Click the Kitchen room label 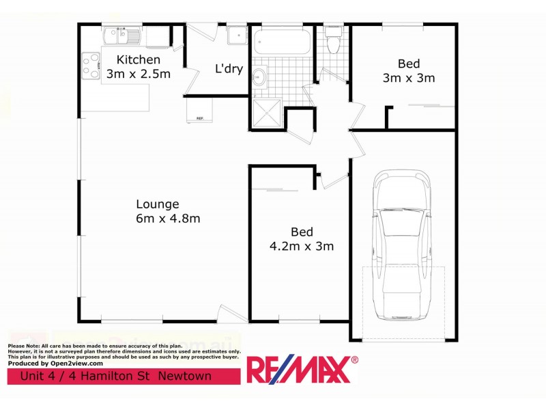[x=139, y=59]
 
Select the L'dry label [x=229, y=68]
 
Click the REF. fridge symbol [x=199, y=111]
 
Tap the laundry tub [x=237, y=33]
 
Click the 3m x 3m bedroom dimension [x=409, y=78]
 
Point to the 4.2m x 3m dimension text [x=302, y=246]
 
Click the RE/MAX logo [x=302, y=370]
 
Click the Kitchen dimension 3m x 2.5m [x=139, y=74]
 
